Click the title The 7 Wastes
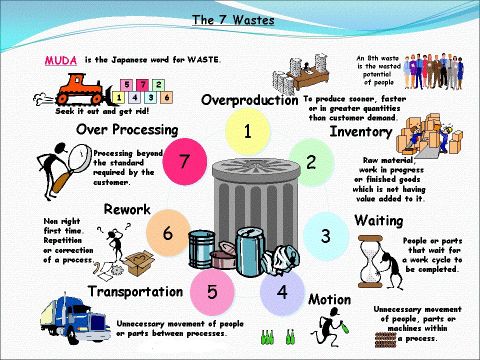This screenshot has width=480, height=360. [x=233, y=20]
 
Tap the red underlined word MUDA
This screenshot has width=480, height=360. [x=61, y=60]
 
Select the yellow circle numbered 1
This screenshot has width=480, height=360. [x=247, y=131]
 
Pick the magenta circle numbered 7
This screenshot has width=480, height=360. [x=185, y=160]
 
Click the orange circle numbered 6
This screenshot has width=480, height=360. [x=168, y=232]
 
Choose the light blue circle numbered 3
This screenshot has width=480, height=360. [x=325, y=235]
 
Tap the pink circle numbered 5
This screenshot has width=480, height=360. [x=212, y=291]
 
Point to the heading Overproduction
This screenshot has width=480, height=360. [x=249, y=100]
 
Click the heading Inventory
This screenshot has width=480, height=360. [x=360, y=131]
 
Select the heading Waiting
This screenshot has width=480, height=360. [x=378, y=220]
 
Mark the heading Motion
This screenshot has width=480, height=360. [x=329, y=299]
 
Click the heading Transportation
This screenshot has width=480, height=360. [x=135, y=291]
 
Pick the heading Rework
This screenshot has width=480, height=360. [x=127, y=209]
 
